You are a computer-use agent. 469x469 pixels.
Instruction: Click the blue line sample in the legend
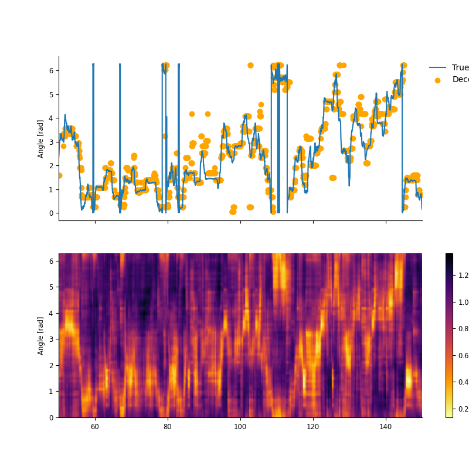[438, 67]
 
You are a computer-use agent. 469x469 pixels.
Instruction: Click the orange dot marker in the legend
[437, 80]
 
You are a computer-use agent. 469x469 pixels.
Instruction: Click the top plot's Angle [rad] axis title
[41, 139]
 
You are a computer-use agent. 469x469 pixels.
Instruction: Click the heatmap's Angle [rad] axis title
[41, 336]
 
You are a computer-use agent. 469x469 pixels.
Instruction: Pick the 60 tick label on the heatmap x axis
[95, 427]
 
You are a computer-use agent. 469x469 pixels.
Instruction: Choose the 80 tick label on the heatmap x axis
[168, 427]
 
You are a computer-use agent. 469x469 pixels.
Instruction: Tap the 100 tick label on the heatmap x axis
[240, 427]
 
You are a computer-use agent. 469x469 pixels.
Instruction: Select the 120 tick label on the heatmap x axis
[313, 427]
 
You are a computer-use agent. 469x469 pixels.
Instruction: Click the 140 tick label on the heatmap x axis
[386, 427]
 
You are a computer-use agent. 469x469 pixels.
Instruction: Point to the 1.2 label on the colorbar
[463, 275]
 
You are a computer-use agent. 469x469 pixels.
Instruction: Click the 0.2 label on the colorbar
[463, 409]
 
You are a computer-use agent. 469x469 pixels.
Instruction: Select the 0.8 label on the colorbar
[463, 328]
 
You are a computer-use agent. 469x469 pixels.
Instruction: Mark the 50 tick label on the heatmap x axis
[59, 427]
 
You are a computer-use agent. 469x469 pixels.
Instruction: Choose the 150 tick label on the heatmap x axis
[422, 427]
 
